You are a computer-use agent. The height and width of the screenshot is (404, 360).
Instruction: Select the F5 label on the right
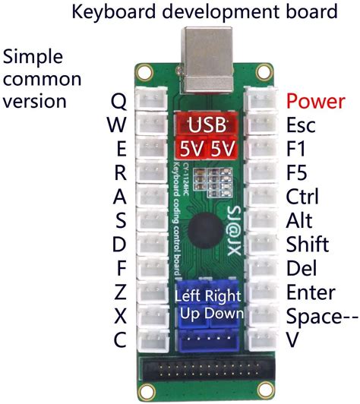(x=297, y=172)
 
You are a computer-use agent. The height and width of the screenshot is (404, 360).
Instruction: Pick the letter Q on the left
(x=118, y=102)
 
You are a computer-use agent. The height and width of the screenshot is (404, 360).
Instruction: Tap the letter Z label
(x=119, y=292)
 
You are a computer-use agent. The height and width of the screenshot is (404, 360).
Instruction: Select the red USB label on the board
(x=207, y=125)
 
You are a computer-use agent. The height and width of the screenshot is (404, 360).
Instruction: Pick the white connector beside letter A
(x=149, y=197)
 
